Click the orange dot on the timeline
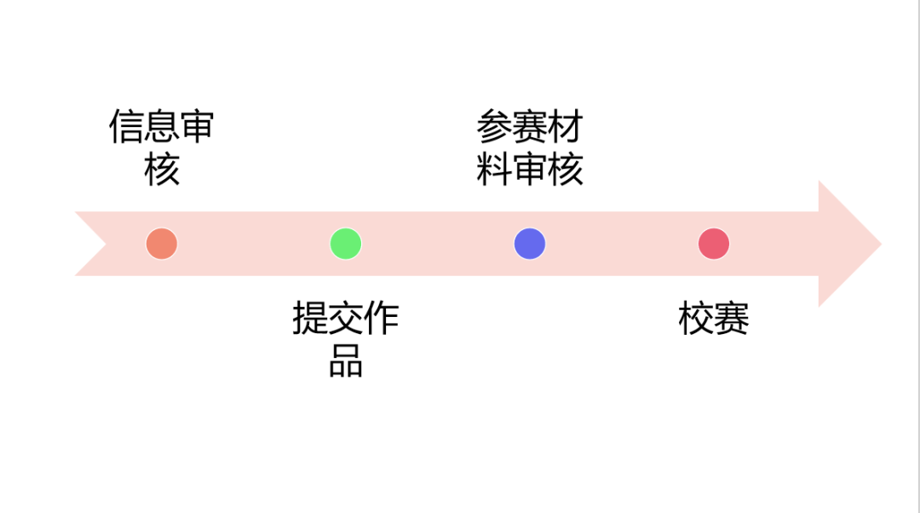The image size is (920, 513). [162, 244]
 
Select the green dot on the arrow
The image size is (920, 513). [346, 244]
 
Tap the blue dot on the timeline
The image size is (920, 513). [530, 244]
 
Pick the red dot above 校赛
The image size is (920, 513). [714, 244]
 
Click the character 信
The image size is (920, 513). [126, 128]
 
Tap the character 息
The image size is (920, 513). [162, 128]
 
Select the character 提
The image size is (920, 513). [310, 320]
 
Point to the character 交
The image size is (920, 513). [346, 320]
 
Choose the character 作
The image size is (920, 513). [382, 320]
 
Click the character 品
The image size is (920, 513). [346, 360]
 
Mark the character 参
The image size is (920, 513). [494, 128]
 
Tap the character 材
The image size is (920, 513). [566, 128]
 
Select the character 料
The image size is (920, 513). [494, 169]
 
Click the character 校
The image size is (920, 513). [696, 320]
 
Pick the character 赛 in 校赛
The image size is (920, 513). [732, 320]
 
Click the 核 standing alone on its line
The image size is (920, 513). [162, 169]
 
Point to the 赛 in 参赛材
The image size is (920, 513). [530, 128]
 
